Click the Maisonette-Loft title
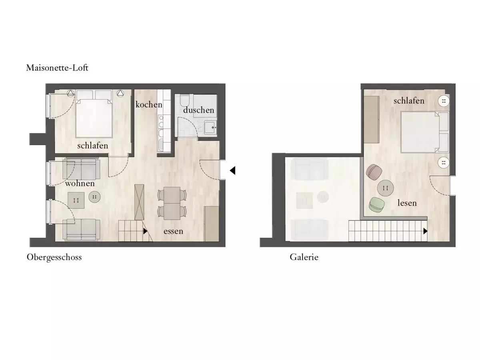coord(57,68)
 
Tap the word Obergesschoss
coord(54,257)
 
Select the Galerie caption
coord(304,257)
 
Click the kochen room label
coord(149,104)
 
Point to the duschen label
coord(198,110)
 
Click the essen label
coord(173,231)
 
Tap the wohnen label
coord(80,183)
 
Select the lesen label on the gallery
coord(407,203)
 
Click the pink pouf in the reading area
coord(374,172)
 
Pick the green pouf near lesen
coord(376,204)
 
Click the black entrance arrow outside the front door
coord(232,170)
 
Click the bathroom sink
coord(210,128)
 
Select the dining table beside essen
coord(172,203)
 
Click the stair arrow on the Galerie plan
coord(425,231)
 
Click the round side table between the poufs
coord(385,188)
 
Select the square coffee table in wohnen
coord(76,200)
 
